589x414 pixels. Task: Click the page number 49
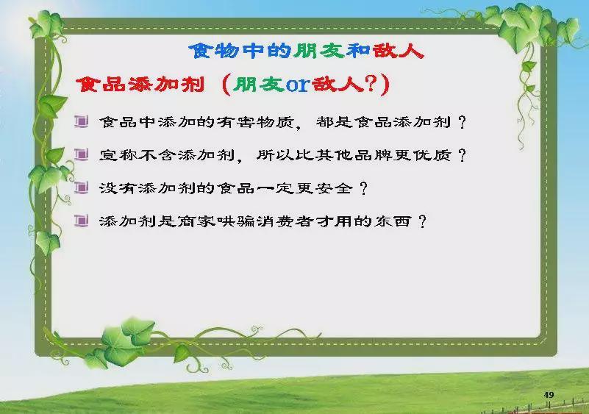coord(549,395)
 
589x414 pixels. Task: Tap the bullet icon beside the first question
coord(81,121)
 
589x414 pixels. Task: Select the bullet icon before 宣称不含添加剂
coord(81,154)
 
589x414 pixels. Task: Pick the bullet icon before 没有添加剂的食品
coord(81,187)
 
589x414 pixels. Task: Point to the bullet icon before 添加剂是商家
coord(81,221)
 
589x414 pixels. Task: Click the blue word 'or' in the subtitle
coord(298,85)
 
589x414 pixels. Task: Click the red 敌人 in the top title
coord(398,51)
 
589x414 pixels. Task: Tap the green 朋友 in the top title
coord(320,51)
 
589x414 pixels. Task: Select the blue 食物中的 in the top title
coord(240,51)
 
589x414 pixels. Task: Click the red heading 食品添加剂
coord(140,84)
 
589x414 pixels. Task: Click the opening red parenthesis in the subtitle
coord(226,85)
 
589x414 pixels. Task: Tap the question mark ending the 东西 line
coord(423,221)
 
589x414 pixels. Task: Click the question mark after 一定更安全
coord(363,188)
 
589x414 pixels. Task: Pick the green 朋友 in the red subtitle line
coord(258,84)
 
